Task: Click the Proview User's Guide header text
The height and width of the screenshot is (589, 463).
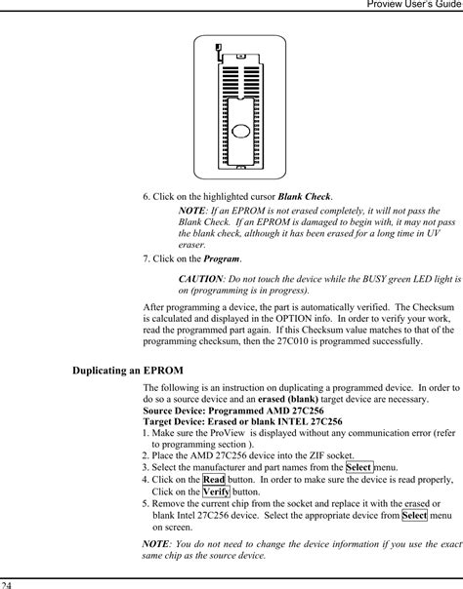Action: point(409,6)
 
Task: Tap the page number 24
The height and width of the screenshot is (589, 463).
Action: point(7,583)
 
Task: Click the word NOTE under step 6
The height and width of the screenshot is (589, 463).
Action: point(191,211)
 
